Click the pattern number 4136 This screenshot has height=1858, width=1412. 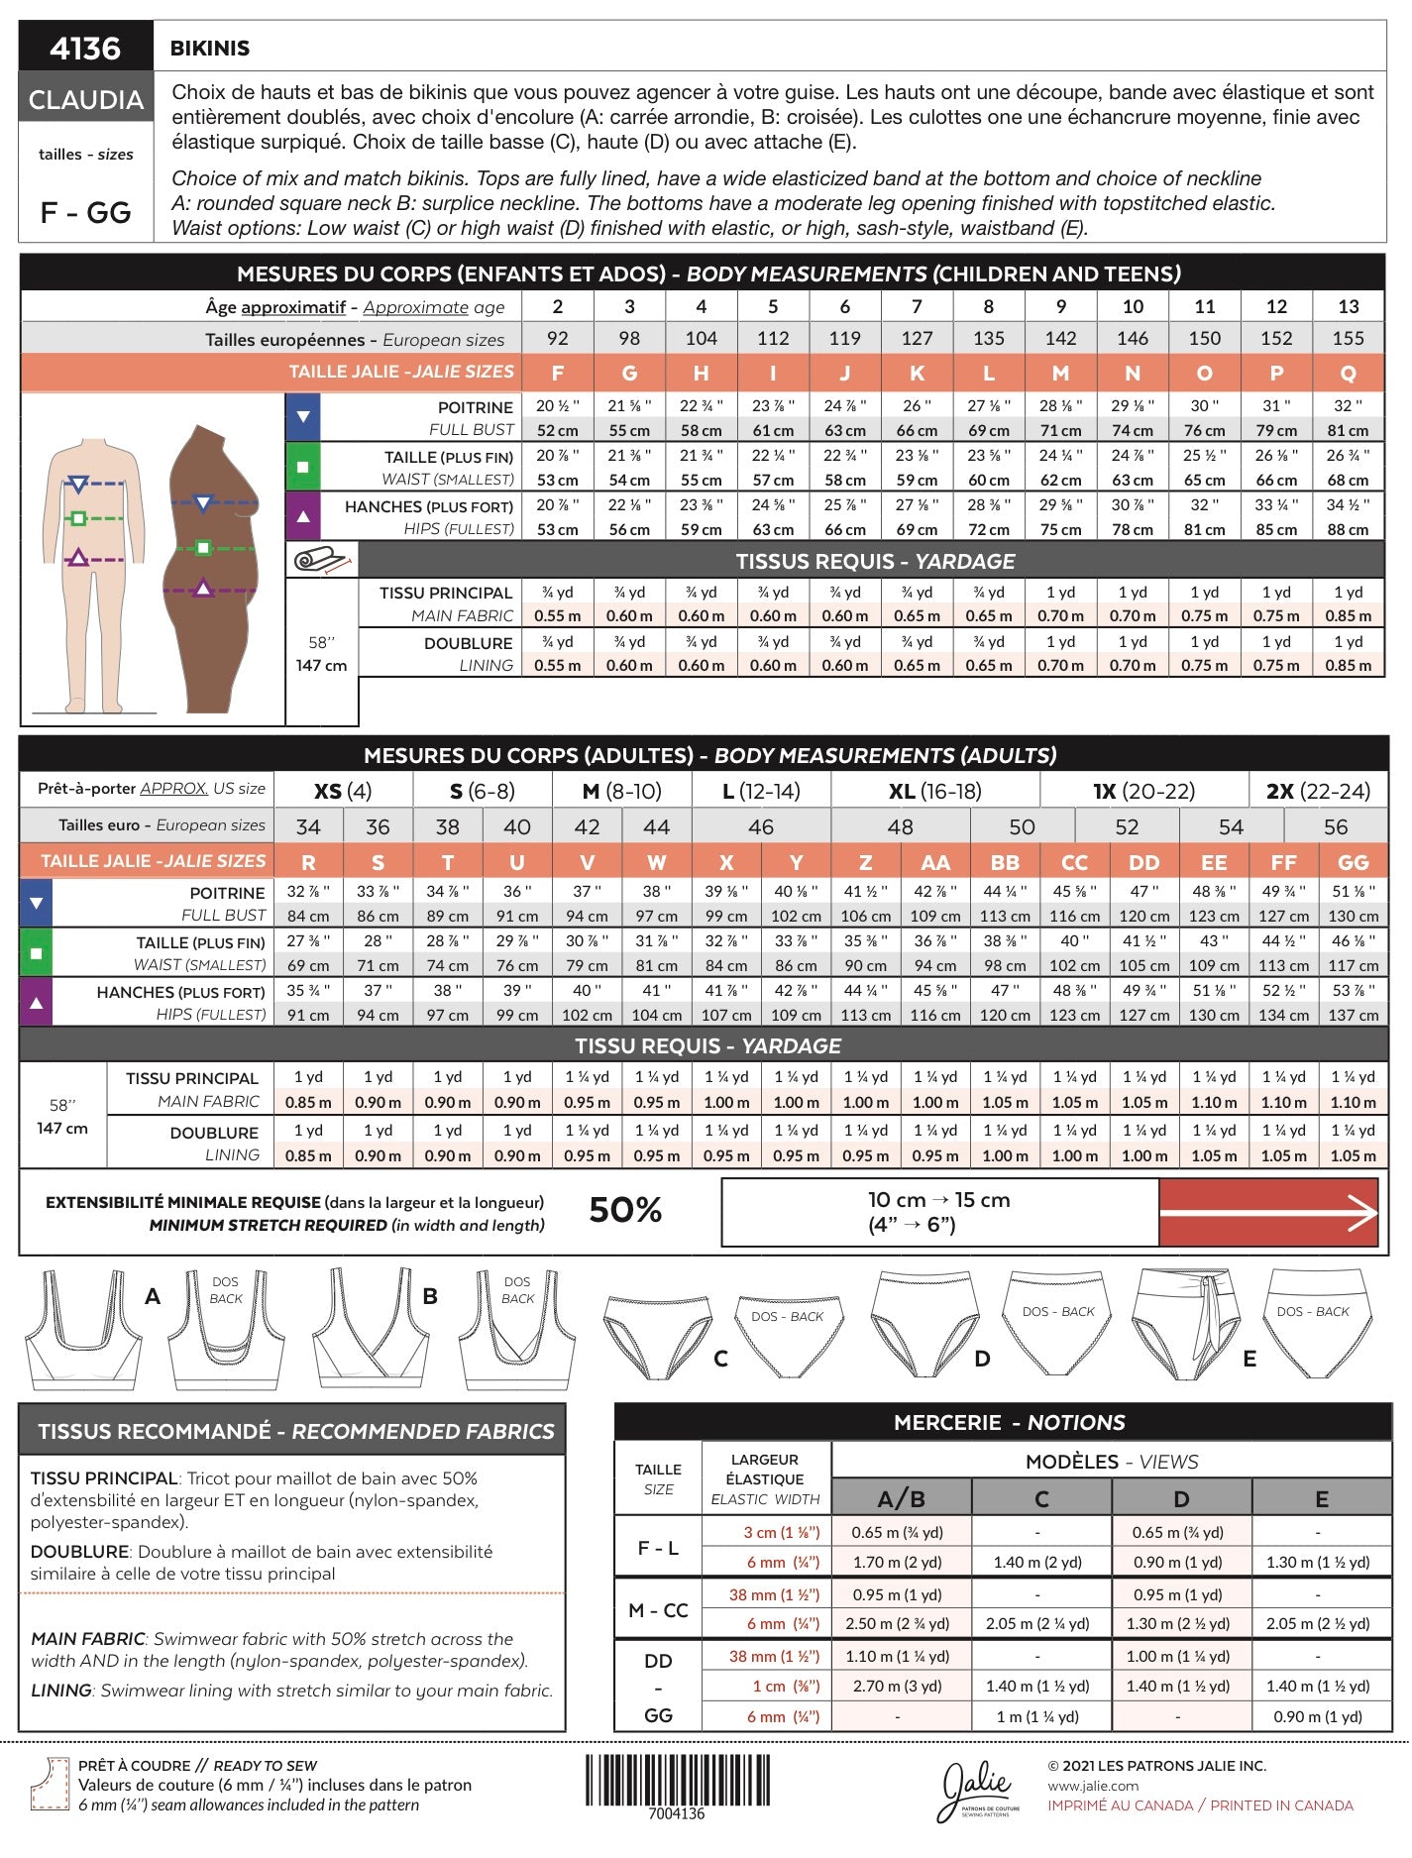pos(85,48)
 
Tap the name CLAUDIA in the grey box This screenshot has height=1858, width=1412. pos(86,99)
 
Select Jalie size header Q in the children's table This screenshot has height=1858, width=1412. pos(1348,374)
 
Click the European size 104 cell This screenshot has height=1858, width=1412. pos(701,338)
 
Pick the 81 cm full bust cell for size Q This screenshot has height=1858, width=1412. pos(1348,430)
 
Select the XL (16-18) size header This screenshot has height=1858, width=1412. pos(934,791)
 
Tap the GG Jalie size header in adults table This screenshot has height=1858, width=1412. pos(1353,862)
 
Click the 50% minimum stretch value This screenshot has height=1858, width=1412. pos(625,1210)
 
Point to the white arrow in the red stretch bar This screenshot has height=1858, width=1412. pos(1269,1212)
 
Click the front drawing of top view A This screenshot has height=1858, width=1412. pos(82,1328)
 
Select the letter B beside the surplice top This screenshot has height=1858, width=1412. pos(430,1296)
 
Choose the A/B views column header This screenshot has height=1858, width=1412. pos(901,1498)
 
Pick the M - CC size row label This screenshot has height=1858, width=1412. pos(658,1610)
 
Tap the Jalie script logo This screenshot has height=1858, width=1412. pos(978,1789)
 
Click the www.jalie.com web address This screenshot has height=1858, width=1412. pos(1093,1786)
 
